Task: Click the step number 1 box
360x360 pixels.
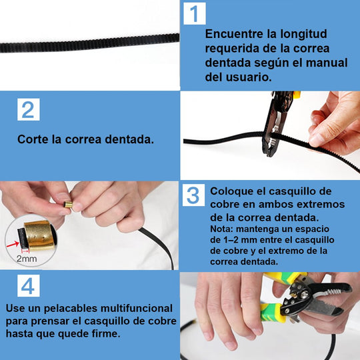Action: [195, 13]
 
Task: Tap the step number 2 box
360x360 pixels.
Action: [29, 109]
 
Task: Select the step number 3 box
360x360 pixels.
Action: [193, 195]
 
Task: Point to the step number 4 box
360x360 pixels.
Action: [29, 285]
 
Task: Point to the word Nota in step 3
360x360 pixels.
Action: [221, 229]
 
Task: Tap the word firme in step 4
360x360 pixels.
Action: [108, 333]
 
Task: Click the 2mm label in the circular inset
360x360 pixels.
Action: [27, 259]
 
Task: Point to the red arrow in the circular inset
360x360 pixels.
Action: [13, 244]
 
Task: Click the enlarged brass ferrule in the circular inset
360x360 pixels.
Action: [40, 235]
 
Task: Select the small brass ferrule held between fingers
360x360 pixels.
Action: [68, 204]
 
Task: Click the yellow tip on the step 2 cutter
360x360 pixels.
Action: [297, 95]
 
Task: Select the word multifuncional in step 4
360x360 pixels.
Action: [137, 309]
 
